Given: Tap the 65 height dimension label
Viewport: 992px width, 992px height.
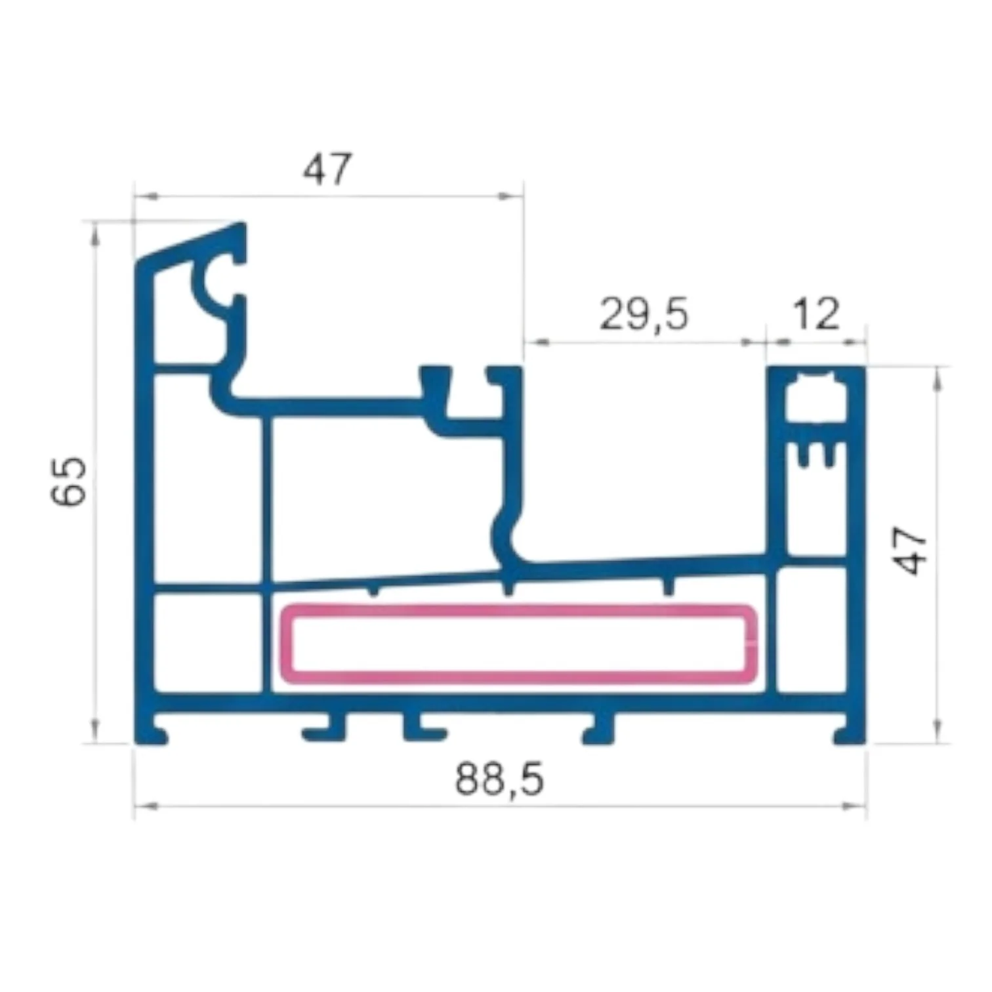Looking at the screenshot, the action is tap(69, 481).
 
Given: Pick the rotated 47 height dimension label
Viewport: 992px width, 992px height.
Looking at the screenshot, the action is tap(913, 551).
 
